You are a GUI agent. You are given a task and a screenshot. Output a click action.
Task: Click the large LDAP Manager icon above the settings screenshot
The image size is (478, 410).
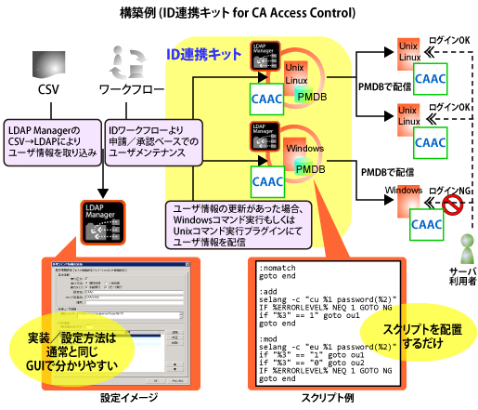click(x=99, y=223)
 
